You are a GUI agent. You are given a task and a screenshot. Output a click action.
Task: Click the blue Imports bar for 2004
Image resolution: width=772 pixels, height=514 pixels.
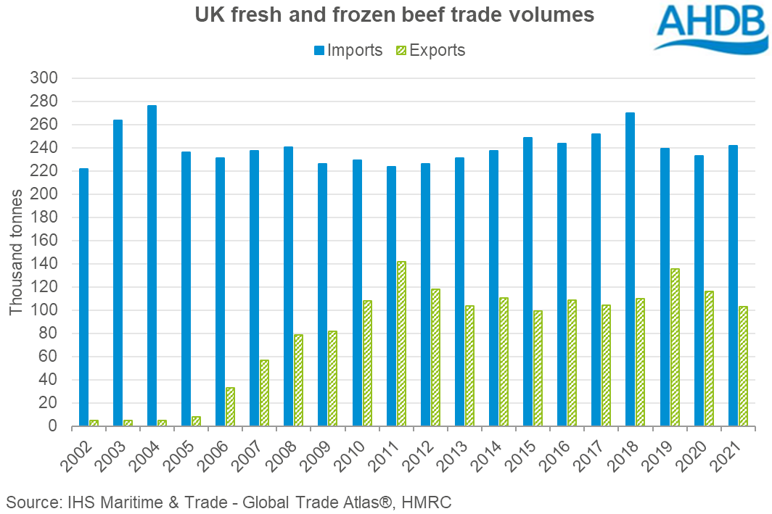click(152, 265)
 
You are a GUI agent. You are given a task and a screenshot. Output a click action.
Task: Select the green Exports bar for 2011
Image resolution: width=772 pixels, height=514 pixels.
click(401, 344)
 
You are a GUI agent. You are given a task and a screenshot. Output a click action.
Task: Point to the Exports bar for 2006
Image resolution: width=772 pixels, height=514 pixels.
click(230, 407)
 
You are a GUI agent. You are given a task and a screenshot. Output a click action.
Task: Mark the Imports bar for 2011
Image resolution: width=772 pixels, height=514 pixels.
click(391, 296)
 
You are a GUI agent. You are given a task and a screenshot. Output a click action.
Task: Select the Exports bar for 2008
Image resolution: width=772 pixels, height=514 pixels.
click(299, 380)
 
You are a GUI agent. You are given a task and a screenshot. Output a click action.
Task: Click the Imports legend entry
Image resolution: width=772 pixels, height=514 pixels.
click(348, 50)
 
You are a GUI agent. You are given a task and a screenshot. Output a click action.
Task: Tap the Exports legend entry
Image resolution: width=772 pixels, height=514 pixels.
click(430, 50)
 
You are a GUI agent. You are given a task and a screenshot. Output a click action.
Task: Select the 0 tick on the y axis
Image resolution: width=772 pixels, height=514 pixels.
click(62, 426)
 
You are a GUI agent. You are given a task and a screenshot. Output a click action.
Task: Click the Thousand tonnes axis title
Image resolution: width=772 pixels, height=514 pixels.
click(15, 252)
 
